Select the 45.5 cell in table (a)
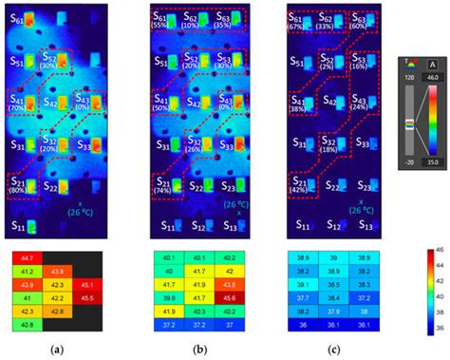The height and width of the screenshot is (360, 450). click(x=87, y=297)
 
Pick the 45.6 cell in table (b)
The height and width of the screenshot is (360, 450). click(x=228, y=297)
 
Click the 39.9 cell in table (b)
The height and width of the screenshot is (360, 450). click(x=168, y=297)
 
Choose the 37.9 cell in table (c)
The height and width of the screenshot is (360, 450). click(x=332, y=311)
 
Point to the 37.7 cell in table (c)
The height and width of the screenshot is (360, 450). click(x=303, y=297)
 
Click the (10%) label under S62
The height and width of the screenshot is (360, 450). click(x=191, y=26)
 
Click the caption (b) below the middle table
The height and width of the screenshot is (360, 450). click(x=197, y=350)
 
